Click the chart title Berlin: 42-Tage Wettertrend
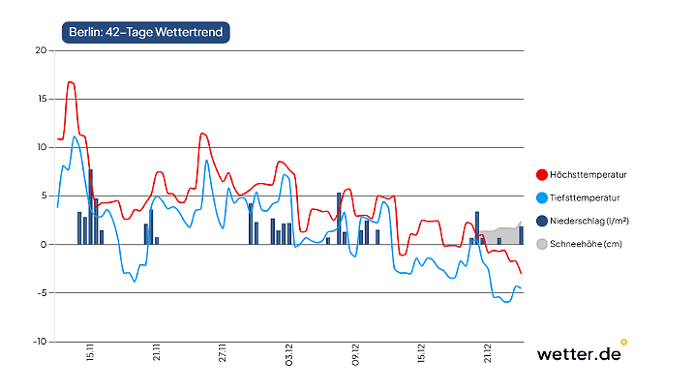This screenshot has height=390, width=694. click(144, 32)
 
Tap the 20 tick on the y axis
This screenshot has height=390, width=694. click(42, 50)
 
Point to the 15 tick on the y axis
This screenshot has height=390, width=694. click(42, 99)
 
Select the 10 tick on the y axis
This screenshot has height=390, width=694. click(42, 147)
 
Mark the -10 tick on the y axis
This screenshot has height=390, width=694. click(40, 341)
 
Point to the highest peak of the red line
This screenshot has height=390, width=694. click(71, 82)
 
